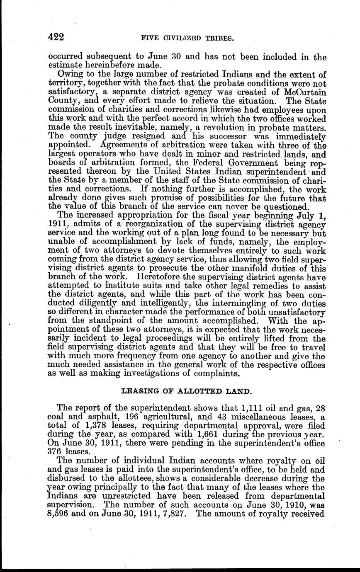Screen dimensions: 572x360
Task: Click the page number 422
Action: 56,37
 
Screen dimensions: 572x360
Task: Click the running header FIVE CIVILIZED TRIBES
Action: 188,38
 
